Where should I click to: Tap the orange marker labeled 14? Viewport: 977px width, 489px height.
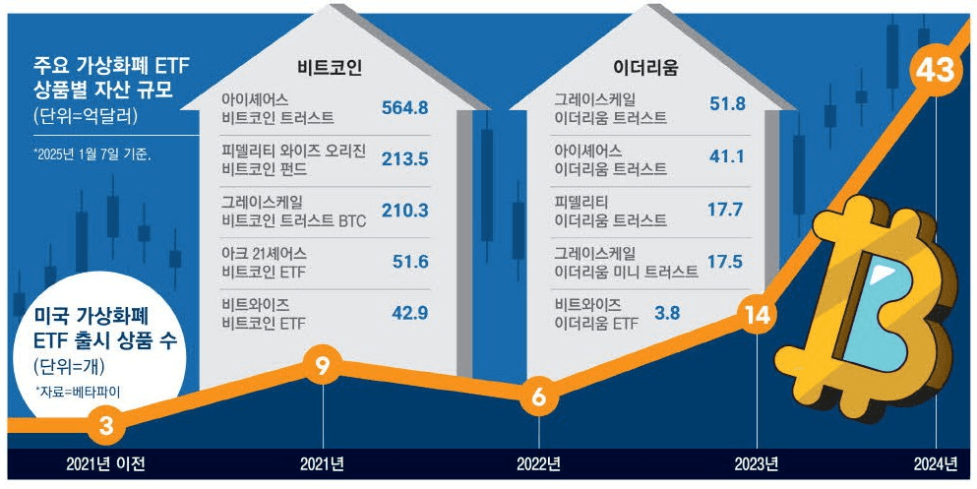756,316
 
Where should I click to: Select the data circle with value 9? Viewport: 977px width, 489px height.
322,366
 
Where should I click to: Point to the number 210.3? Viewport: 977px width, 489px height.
403,211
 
